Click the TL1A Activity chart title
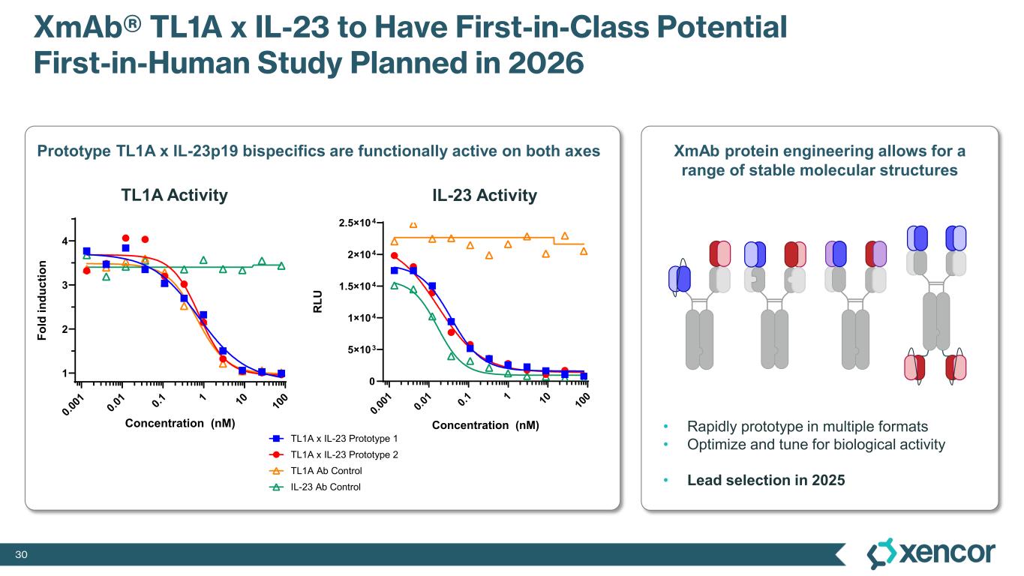point(174,196)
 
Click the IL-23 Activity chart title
point(485,196)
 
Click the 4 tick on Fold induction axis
point(65,241)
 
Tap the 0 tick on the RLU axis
point(371,381)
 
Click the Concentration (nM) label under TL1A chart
point(180,423)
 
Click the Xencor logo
point(931,553)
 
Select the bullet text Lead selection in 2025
point(766,480)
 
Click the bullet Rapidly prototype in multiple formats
point(807,427)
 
